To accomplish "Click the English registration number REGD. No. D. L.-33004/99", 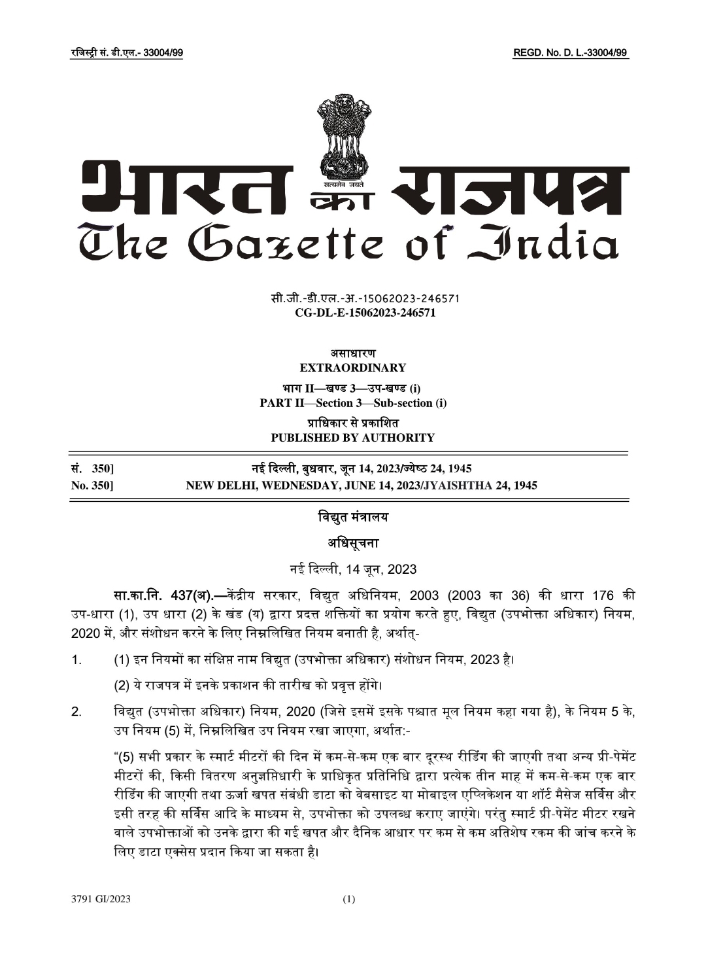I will [571, 53].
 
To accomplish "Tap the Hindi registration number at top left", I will [126, 53].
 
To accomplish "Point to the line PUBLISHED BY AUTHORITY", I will [352, 438].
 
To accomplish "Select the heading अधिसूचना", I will [352, 543].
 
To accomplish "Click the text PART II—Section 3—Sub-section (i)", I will [353, 403].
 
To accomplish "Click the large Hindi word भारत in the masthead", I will [190, 190].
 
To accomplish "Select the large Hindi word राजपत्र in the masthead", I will [513, 190].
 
